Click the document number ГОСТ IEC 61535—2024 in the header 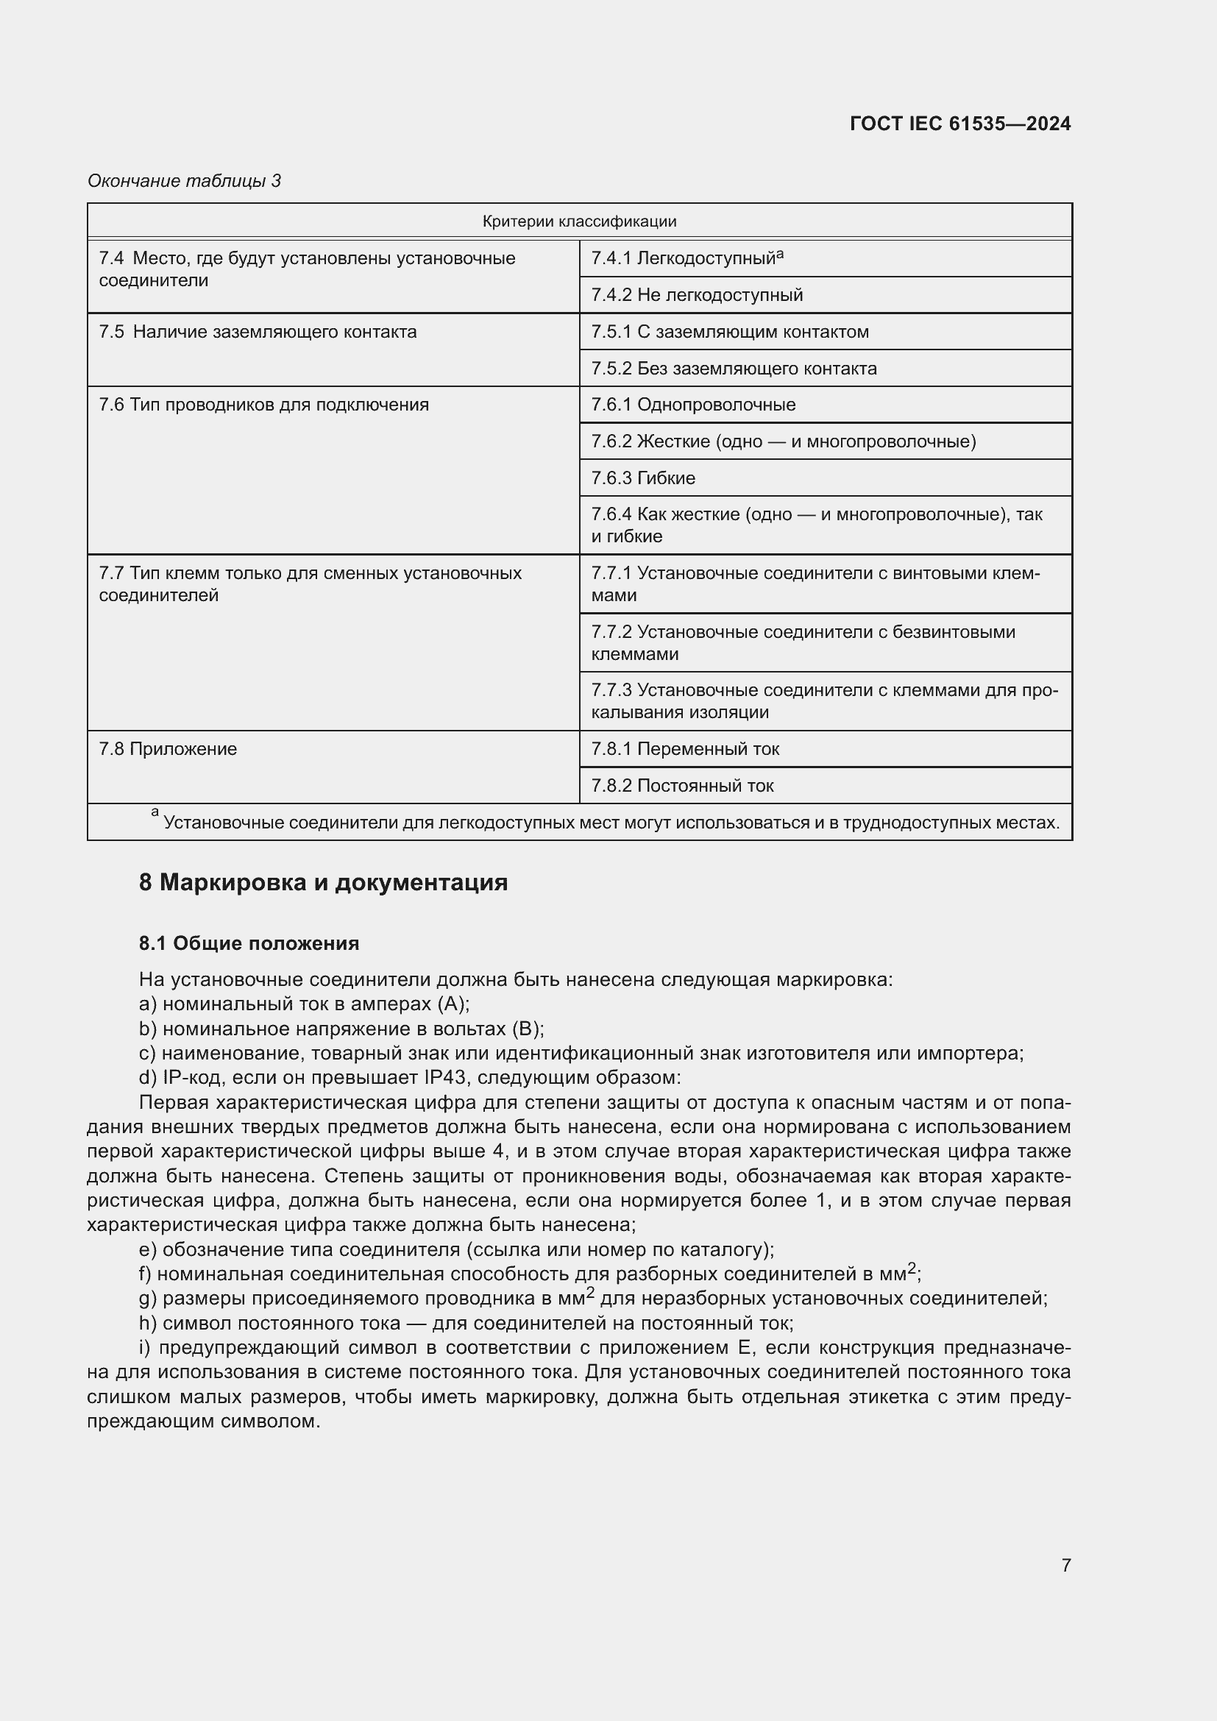[960, 124]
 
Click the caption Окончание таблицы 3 [185, 181]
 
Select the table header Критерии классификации [579, 221]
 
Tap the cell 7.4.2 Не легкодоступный [697, 294]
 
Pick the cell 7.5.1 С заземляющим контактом [730, 331]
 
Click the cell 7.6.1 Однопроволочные [693, 405]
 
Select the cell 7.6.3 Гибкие [643, 478]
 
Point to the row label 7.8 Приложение [168, 749]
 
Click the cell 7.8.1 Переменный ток [685, 749]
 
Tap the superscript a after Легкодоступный [780, 254]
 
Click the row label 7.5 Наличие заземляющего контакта [258, 331]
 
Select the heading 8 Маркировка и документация [323, 882]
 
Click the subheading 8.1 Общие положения [249, 943]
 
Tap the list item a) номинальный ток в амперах [305, 1004]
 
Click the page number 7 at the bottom [1065, 1565]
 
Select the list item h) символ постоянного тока [466, 1323]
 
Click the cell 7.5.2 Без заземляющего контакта [734, 368]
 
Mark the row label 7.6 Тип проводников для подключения [264, 405]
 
